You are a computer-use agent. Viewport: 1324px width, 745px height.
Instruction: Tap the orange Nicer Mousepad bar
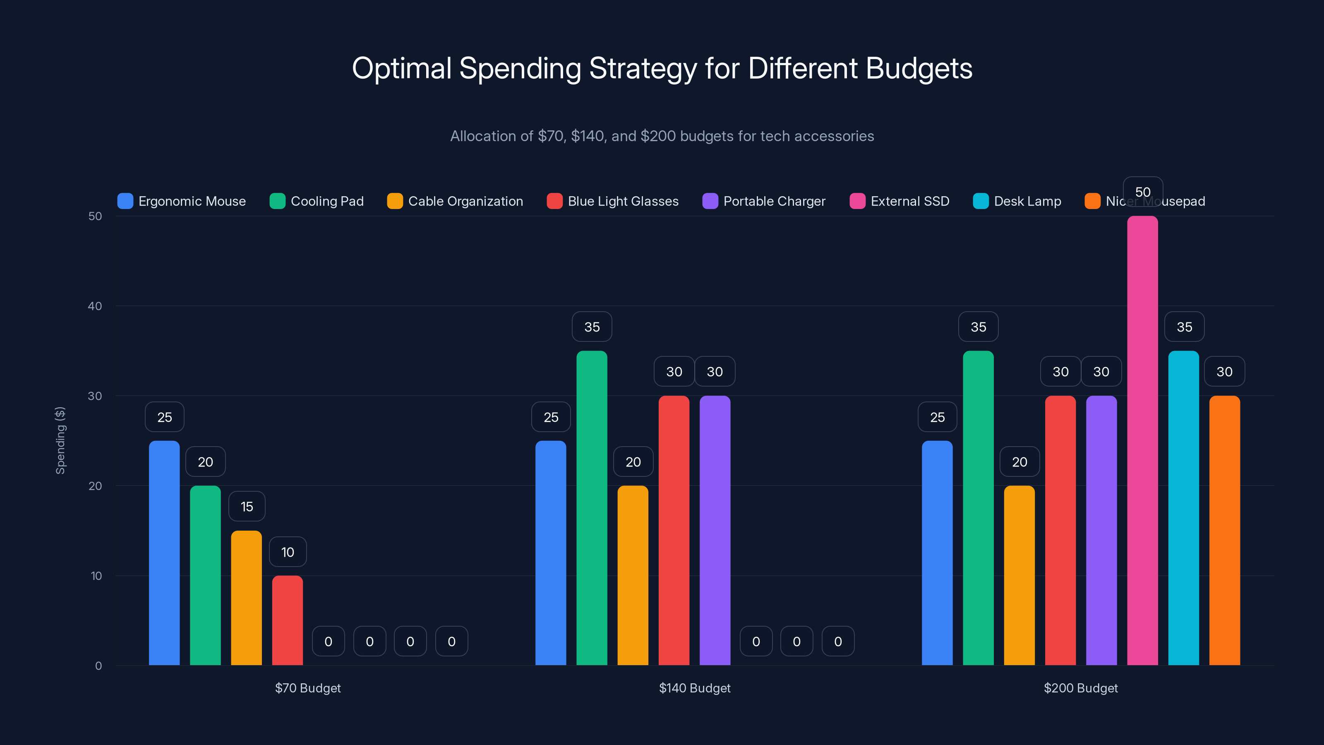pyautogui.click(x=1224, y=530)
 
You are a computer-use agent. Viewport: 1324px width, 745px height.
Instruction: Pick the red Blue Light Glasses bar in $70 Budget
pyautogui.click(x=287, y=620)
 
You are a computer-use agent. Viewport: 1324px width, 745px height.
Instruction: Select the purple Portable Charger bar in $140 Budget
pyautogui.click(x=715, y=530)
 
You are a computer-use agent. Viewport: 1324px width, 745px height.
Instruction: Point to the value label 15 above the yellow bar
pyautogui.click(x=247, y=507)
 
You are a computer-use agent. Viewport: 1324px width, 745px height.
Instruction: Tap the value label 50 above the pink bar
pyautogui.click(x=1142, y=192)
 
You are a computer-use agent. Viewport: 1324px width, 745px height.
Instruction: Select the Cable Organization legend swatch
pyautogui.click(x=395, y=201)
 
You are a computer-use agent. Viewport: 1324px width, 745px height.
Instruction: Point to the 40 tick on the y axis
pyautogui.click(x=95, y=306)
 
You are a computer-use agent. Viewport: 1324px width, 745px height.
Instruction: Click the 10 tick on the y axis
pyautogui.click(x=96, y=576)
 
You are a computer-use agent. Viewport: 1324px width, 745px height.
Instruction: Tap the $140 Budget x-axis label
pyautogui.click(x=694, y=688)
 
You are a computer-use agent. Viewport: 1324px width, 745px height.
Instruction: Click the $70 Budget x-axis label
pyautogui.click(x=308, y=688)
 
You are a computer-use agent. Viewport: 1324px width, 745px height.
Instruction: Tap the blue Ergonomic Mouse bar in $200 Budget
pyautogui.click(x=937, y=553)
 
